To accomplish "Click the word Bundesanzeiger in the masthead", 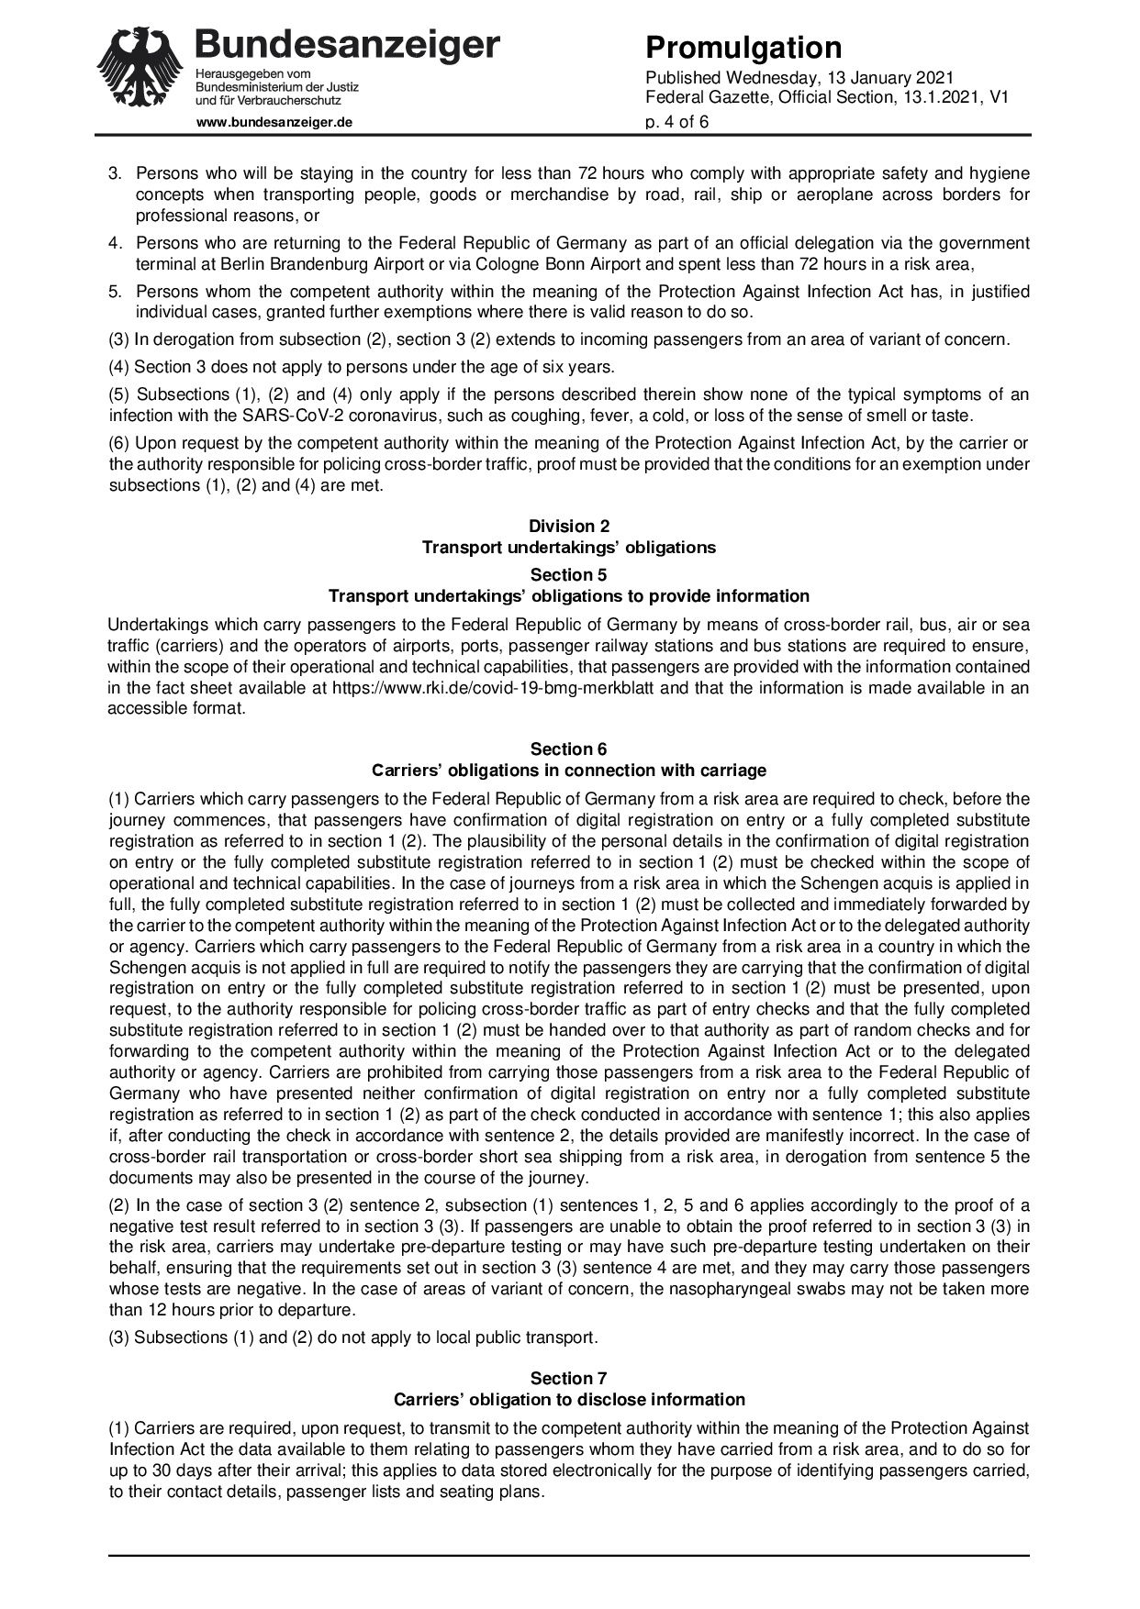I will point(348,43).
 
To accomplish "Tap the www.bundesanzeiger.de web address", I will point(274,121).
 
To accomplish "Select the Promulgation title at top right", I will point(743,47).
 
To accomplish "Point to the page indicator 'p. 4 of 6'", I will point(677,121).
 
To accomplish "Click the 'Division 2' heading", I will point(569,527).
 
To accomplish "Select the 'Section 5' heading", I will point(569,575).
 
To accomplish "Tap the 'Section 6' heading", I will point(569,749).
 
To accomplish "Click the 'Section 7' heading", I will point(569,1378).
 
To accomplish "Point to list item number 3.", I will point(116,173).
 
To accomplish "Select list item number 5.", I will point(116,292).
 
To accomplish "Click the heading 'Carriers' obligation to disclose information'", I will point(569,1399).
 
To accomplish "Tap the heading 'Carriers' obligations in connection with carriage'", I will point(569,770).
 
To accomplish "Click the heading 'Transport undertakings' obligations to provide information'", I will point(569,596).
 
